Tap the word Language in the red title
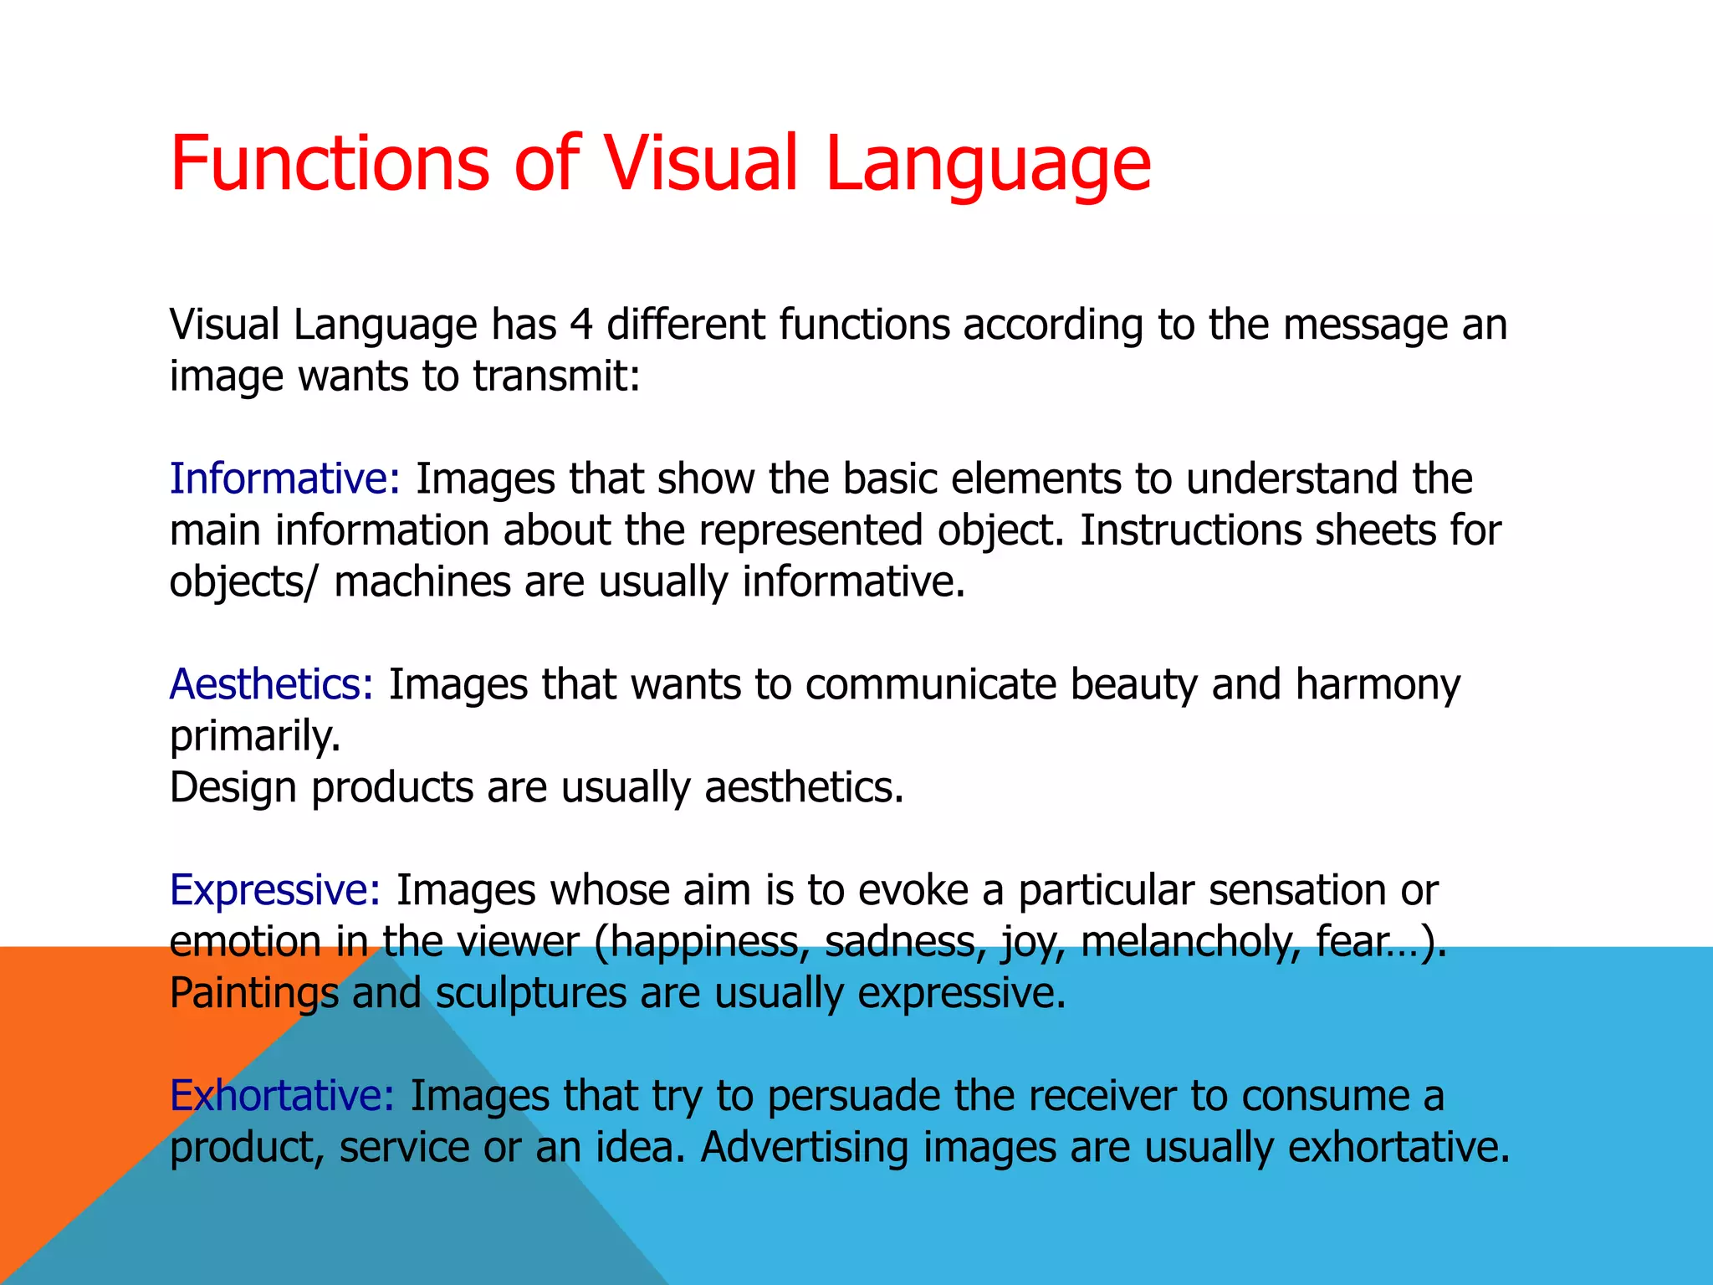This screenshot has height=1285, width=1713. pos(988,164)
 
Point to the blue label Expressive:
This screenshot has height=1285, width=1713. pos(275,890)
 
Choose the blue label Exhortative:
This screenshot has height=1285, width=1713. pos(282,1095)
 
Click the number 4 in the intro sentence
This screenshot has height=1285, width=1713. pos(581,325)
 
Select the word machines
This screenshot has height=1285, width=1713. pos(422,581)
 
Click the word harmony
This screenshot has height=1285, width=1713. pos(1378,684)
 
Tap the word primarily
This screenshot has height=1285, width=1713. pos(255,736)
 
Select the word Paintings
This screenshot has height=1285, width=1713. pos(253,993)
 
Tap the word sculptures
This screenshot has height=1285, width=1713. pos(531,993)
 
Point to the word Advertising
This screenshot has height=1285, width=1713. pos(804,1147)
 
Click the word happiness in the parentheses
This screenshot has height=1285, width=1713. pos(709,941)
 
